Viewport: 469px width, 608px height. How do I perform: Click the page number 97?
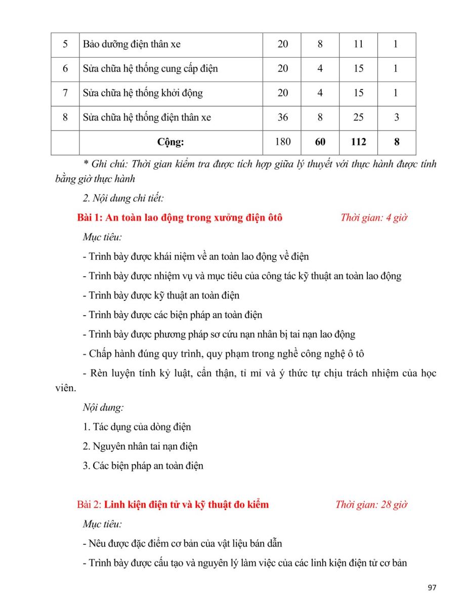432,588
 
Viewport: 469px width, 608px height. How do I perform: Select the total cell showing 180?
283,142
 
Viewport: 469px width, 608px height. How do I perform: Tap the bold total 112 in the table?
358,142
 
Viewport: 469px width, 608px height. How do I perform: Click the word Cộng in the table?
170,142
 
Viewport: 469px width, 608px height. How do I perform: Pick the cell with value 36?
283,118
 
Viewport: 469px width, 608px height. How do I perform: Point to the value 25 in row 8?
358,118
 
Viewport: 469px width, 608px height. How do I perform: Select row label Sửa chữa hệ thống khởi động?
143,93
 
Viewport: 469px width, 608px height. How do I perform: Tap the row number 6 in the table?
65,68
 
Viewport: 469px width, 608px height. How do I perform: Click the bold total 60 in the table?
320,142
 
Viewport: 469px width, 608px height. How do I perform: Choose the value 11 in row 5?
358,44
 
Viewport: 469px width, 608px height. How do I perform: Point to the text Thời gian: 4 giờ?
374,218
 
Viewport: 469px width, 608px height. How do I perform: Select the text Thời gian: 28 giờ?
371,505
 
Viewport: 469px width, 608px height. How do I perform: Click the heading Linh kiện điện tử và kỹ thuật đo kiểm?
186,505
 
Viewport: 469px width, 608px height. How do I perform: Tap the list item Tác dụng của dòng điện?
137,427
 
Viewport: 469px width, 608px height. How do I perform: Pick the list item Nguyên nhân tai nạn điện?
140,446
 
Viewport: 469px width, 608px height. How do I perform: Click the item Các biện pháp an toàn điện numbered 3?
143,466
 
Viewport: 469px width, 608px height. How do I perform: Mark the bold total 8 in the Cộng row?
397,142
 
